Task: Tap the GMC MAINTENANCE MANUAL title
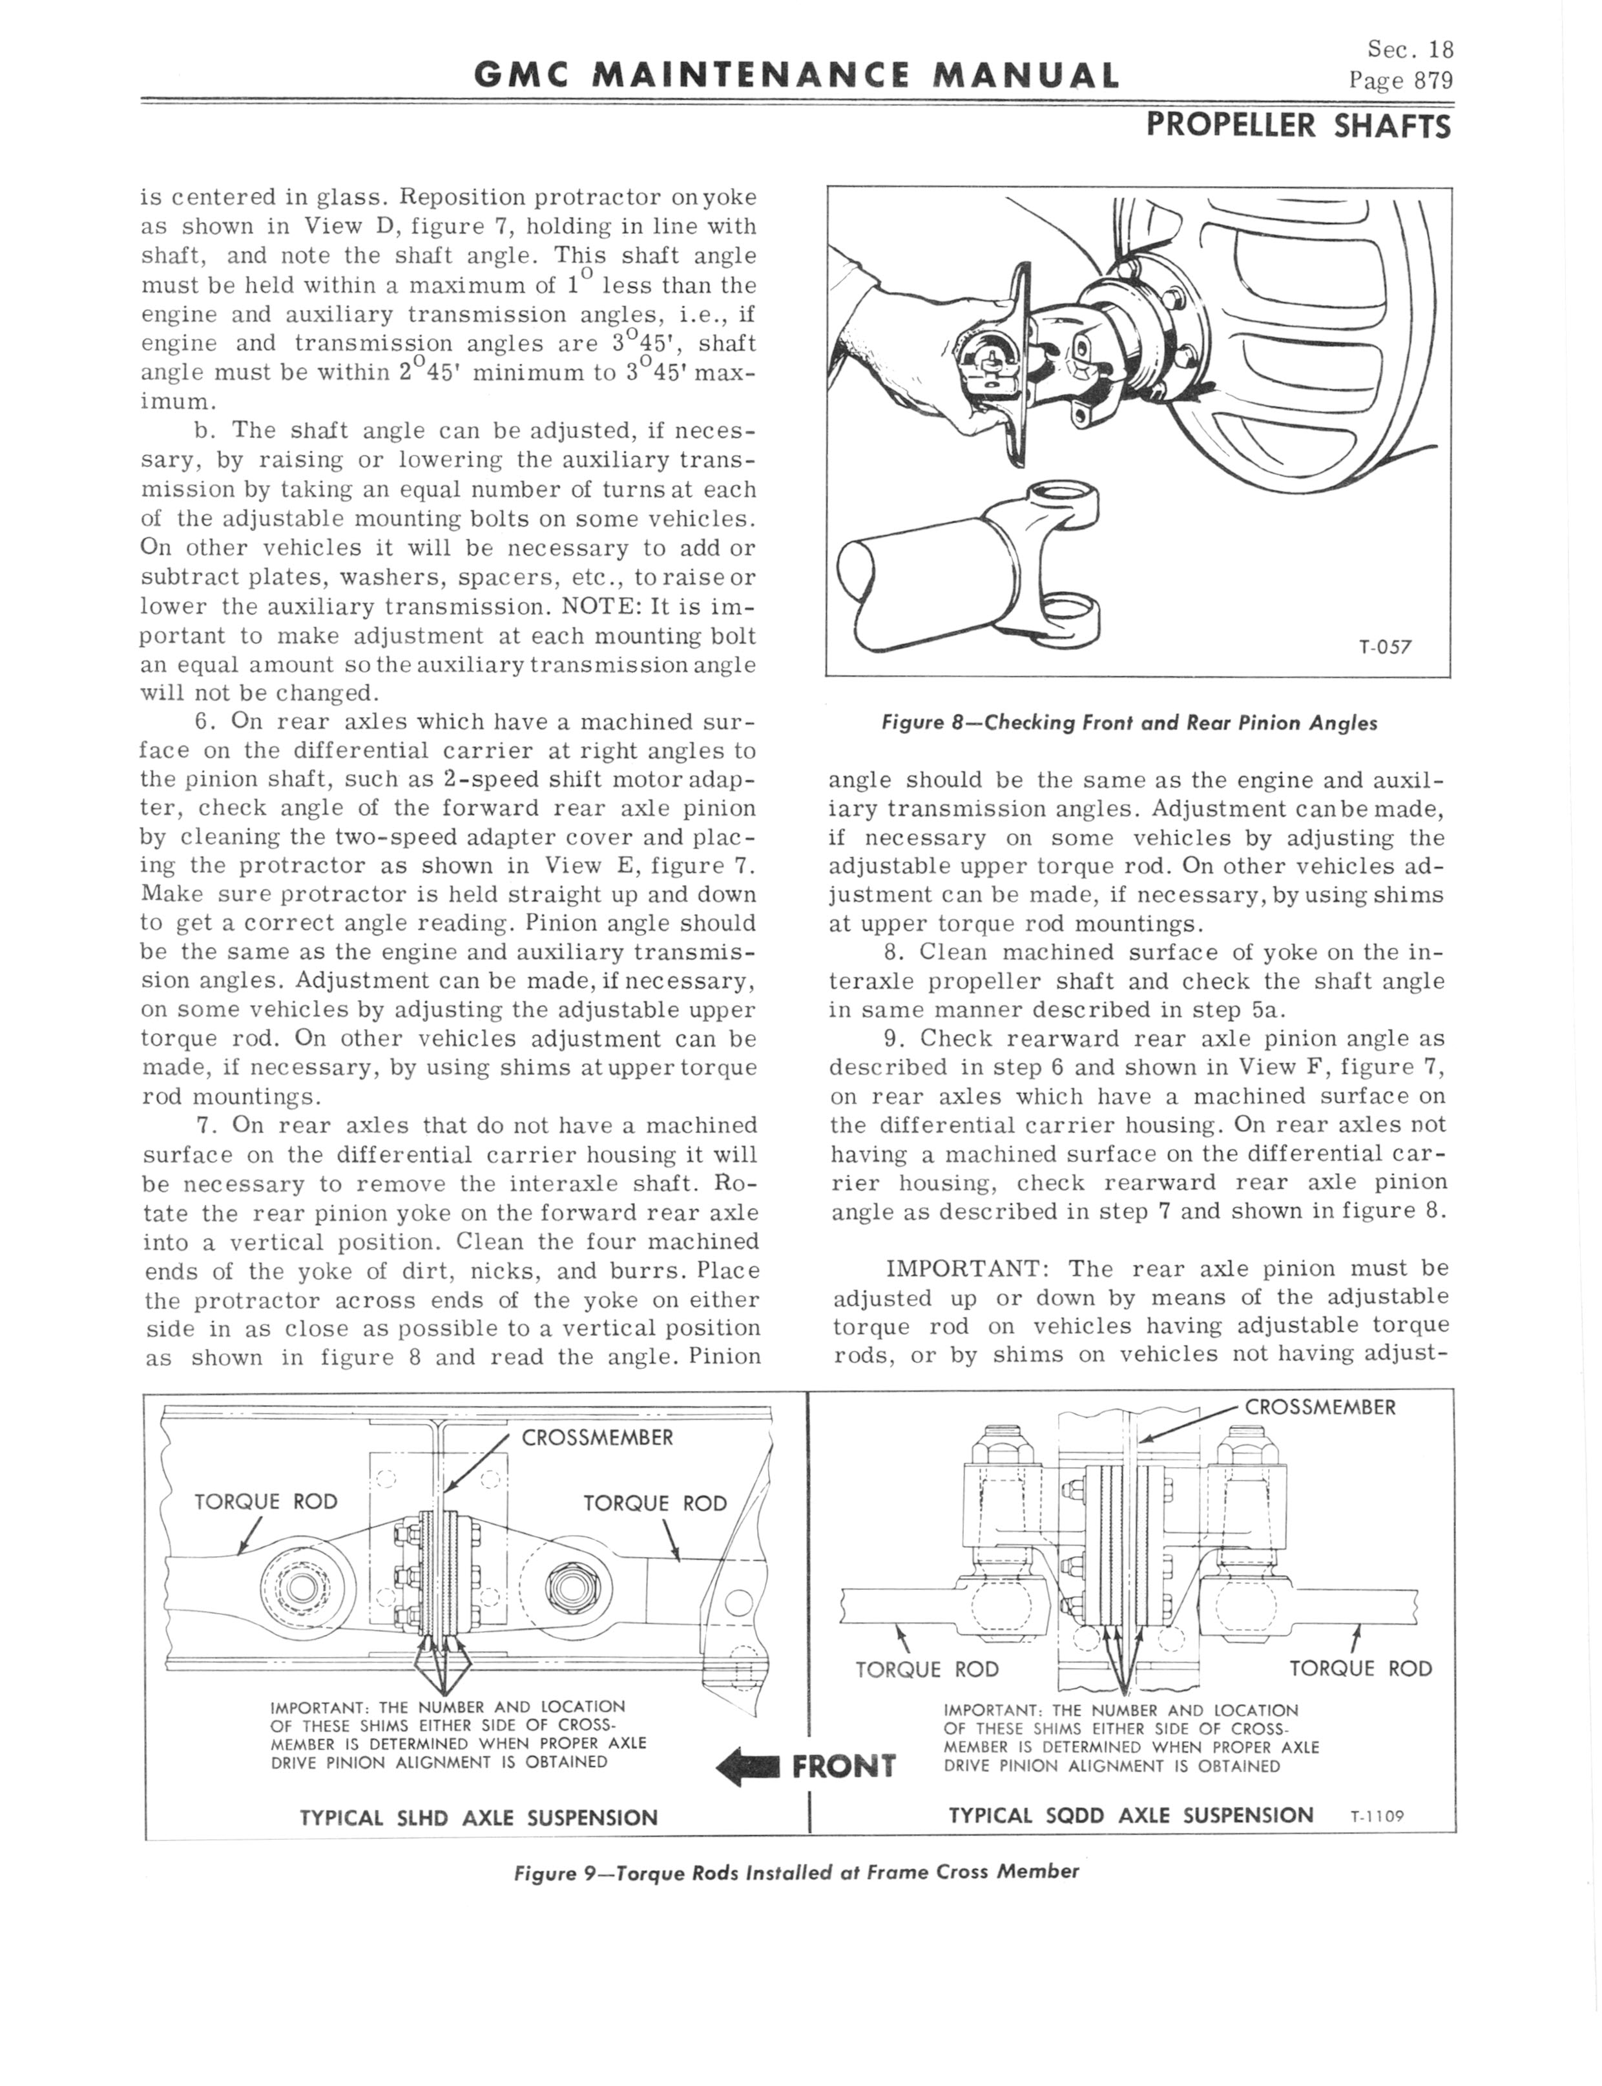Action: tap(796, 74)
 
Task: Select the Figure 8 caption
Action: tap(1129, 723)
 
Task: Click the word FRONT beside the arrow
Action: tap(844, 1767)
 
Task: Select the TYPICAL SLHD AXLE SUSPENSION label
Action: tap(479, 1817)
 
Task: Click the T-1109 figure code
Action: tap(1378, 1816)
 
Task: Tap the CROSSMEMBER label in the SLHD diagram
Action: tap(597, 1437)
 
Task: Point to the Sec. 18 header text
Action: tap(1410, 50)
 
